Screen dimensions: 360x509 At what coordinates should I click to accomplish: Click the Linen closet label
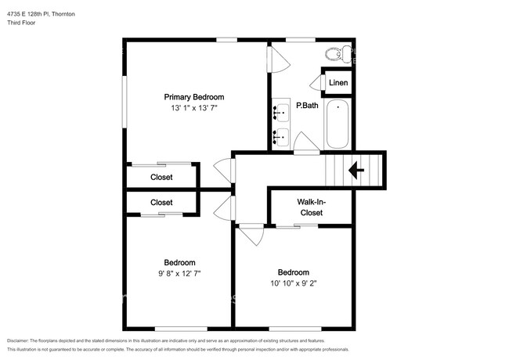click(338, 83)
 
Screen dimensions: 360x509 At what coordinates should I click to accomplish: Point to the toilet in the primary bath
click(335, 53)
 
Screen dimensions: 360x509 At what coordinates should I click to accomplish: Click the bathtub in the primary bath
click(338, 124)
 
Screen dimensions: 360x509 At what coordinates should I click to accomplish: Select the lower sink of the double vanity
click(281, 138)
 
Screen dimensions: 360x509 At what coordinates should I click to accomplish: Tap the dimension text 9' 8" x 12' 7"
click(179, 274)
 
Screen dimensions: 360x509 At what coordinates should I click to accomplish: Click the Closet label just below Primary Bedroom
click(161, 178)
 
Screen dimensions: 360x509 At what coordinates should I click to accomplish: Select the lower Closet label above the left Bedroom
click(161, 203)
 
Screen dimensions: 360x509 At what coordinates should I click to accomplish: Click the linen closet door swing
click(316, 82)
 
